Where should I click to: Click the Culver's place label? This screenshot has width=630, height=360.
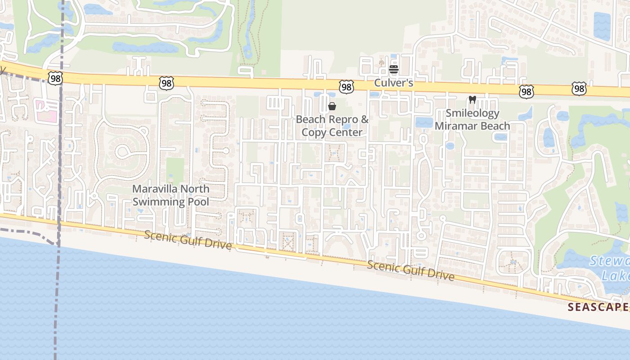click(x=393, y=84)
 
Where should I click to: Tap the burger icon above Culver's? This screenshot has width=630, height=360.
click(x=394, y=69)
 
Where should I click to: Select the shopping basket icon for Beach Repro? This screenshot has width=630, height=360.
click(x=332, y=106)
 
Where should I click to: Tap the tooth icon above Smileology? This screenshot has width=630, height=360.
click(x=472, y=99)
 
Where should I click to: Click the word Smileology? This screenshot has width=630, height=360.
click(x=472, y=113)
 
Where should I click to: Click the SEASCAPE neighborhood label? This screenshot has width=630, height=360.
click(x=597, y=307)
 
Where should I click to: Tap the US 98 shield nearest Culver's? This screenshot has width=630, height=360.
click(x=346, y=87)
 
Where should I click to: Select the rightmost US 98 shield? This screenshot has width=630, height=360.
click(x=579, y=89)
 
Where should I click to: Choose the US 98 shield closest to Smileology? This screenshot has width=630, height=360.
click(x=526, y=91)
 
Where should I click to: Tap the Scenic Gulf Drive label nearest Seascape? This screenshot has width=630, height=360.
click(x=410, y=270)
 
